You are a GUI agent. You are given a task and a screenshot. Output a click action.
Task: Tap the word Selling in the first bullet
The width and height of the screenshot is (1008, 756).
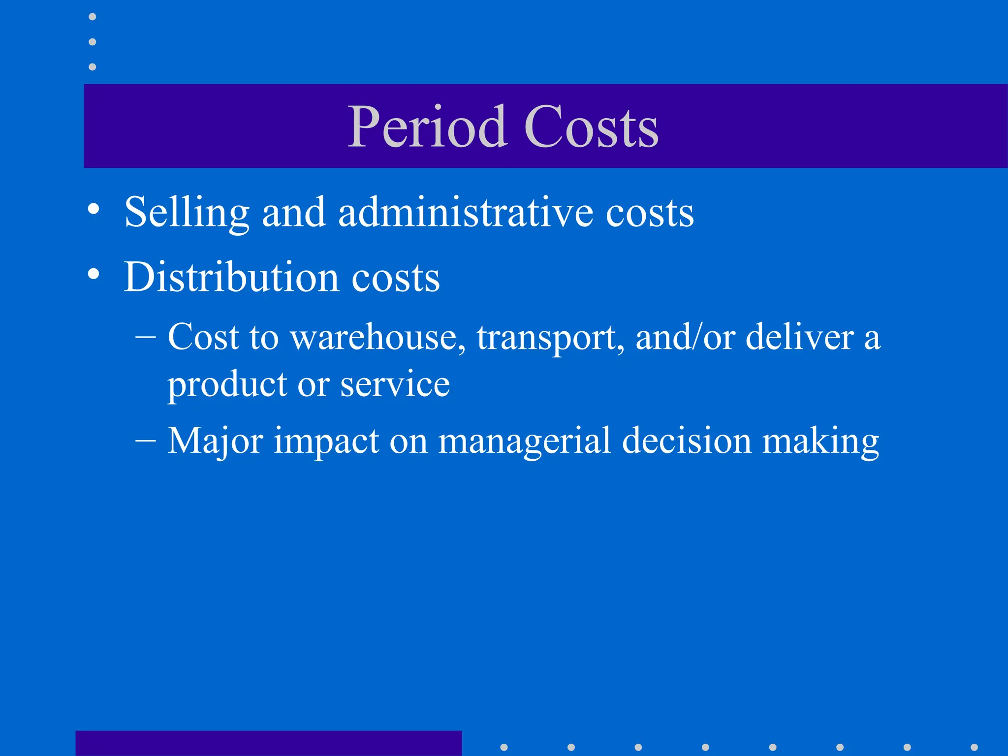(x=187, y=213)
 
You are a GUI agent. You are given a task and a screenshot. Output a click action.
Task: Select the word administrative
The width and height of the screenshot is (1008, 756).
(x=466, y=213)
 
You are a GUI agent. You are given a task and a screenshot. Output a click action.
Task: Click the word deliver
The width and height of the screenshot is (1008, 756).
(x=800, y=338)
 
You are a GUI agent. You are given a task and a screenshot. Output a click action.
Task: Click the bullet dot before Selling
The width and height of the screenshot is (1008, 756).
(x=93, y=209)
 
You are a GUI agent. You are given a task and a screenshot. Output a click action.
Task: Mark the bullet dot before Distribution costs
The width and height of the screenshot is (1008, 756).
(x=93, y=274)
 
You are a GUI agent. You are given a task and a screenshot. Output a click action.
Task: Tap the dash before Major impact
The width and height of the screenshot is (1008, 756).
(x=146, y=439)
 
